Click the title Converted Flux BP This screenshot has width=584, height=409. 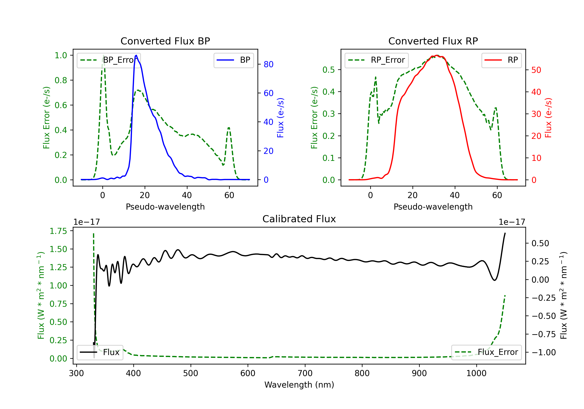(165, 41)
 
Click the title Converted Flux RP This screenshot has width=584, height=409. (433, 41)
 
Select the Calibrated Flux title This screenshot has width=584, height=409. (299, 219)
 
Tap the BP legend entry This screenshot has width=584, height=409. (233, 60)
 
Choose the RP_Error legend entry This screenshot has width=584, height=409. (376, 60)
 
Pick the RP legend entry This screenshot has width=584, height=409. (501, 60)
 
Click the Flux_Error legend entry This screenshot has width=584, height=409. (486, 352)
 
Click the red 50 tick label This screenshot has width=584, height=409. (536, 70)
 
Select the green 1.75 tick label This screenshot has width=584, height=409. (58, 231)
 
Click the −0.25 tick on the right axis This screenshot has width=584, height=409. (544, 298)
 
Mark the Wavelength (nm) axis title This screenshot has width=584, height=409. (299, 385)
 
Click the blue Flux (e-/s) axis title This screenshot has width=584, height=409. (280, 118)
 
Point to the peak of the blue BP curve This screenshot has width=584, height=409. (136, 55)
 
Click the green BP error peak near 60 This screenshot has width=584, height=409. (229, 128)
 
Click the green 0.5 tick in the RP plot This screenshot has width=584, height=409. (329, 70)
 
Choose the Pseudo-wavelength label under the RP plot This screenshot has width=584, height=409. (433, 207)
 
